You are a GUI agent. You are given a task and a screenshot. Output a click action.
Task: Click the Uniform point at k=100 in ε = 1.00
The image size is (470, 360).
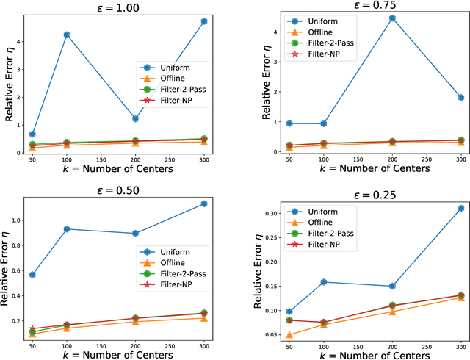(x=67, y=35)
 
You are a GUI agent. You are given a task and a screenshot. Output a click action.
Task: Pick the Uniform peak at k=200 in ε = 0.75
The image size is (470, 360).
(x=392, y=18)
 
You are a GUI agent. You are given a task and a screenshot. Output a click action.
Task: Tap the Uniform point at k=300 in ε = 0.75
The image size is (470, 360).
(x=460, y=97)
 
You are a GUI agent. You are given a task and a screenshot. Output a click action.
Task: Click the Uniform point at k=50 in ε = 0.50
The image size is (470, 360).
(x=32, y=274)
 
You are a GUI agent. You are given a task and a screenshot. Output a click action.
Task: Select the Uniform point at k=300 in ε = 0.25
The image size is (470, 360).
(x=460, y=208)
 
